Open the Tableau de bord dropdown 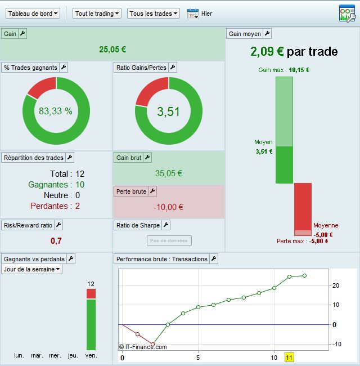[33, 13]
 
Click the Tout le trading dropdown [97, 13]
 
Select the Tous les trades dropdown [154, 13]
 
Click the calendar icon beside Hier [193, 13]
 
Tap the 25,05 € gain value [112, 50]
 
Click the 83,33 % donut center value [56, 111]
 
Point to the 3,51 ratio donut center [168, 111]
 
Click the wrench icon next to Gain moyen [267, 34]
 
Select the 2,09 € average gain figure [267, 52]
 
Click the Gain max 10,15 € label [283, 70]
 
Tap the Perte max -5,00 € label [302, 241]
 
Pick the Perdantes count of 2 [78, 206]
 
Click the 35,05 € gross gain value [169, 173]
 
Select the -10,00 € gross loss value [169, 207]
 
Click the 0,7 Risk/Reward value [56, 240]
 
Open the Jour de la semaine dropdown [32, 269]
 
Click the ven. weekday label [91, 355]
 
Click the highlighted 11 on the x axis [289, 358]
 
